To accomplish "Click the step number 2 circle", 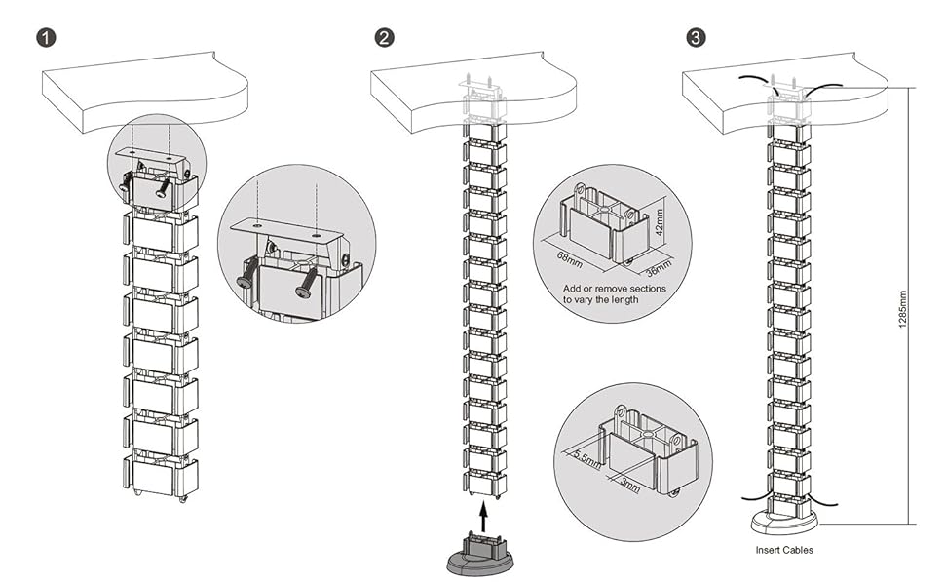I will point(386,38).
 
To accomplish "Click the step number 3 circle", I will point(697,38).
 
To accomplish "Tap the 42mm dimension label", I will point(661,223).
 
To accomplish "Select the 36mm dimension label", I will point(660,263).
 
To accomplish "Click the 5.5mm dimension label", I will point(586,455).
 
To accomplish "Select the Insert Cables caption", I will point(784,550).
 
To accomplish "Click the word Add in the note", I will point(573,290).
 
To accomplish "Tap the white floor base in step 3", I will point(784,521).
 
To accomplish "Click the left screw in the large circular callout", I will point(248,275).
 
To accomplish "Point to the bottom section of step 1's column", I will point(161,476).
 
